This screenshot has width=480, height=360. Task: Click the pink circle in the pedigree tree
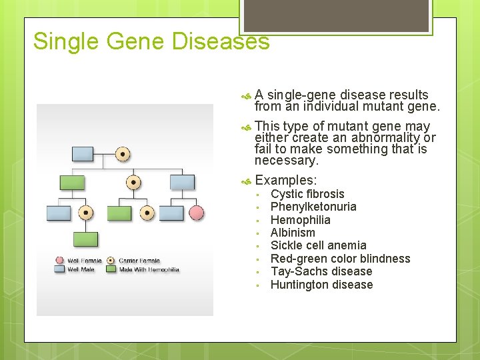(x=196, y=213)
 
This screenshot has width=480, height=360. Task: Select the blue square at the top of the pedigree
(x=82, y=154)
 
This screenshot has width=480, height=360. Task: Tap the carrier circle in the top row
(x=123, y=154)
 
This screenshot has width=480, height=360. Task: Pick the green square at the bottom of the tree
(x=85, y=239)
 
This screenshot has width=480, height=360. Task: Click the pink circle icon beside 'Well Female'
(x=61, y=261)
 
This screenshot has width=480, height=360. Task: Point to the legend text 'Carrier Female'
(x=141, y=261)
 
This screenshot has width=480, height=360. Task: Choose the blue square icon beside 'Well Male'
(x=61, y=269)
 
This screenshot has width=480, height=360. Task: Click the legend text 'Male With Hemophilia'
(x=149, y=269)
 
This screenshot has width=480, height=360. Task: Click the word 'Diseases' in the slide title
(x=221, y=41)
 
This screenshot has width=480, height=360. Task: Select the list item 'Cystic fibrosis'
(x=307, y=194)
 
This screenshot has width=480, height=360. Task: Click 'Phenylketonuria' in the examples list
(x=313, y=207)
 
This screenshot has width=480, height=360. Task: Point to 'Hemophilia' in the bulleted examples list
(x=300, y=220)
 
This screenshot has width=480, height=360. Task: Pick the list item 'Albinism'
(x=293, y=233)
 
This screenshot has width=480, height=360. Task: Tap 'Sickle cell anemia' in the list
(x=318, y=245)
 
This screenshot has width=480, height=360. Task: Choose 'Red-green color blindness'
(x=340, y=259)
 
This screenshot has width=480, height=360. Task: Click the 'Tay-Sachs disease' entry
(x=321, y=271)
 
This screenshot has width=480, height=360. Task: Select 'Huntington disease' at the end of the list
(x=321, y=285)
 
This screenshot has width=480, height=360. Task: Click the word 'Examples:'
(x=286, y=180)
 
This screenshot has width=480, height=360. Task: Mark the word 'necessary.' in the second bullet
(x=287, y=161)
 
